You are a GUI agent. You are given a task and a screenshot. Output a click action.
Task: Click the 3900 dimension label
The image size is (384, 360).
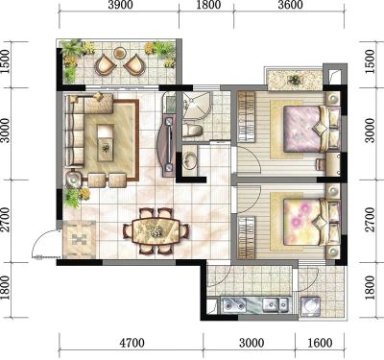pyautogui.click(x=120, y=6)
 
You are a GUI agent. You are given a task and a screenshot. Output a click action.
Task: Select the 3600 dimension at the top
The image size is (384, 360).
pyautogui.click(x=290, y=6)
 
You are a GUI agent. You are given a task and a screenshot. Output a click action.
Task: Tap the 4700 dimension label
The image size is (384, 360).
pyautogui.click(x=132, y=343)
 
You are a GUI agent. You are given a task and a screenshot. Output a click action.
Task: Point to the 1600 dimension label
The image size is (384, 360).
pyautogui.click(x=320, y=343)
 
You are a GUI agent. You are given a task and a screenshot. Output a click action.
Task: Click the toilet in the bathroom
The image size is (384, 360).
pyautogui.click(x=192, y=131)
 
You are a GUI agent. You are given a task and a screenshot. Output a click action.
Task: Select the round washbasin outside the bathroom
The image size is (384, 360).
pyautogui.click(x=190, y=160)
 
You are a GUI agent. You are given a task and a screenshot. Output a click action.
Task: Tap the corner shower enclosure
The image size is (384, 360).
pyautogui.click(x=197, y=106)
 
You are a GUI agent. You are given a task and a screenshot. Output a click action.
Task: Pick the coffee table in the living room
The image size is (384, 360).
pyautogui.click(x=106, y=142)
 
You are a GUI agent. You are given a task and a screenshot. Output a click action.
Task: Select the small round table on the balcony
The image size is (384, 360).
pyautogui.click(x=120, y=52)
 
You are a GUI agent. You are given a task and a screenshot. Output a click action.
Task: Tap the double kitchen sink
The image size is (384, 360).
pyautogui.click(x=276, y=304)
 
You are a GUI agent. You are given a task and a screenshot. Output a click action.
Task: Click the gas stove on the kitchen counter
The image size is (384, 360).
pyautogui.click(x=234, y=304)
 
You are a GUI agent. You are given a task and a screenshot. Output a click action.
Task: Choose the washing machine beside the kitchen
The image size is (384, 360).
pyautogui.click(x=310, y=306)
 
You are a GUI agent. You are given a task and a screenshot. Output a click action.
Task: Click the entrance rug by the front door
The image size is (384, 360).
pyautogui.click(x=80, y=239)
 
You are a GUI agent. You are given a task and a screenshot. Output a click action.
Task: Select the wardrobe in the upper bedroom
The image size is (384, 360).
pyautogui.click(x=246, y=116)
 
